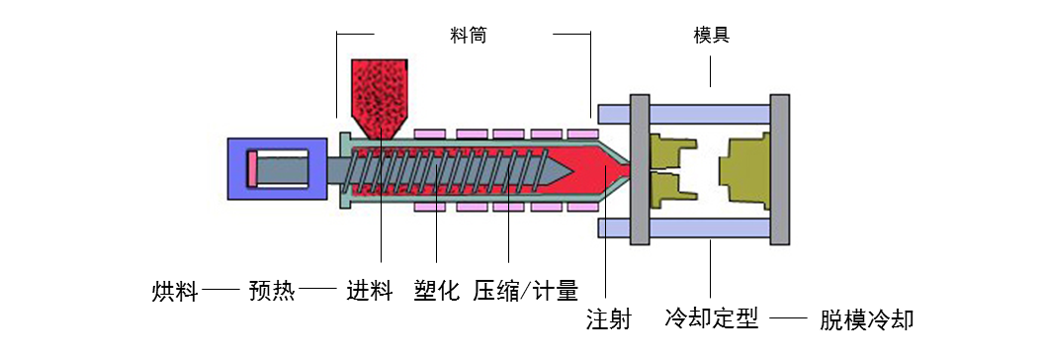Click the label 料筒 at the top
click(x=468, y=35)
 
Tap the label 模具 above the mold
click(x=712, y=37)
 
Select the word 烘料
click(x=175, y=292)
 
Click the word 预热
click(x=272, y=292)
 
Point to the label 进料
click(x=371, y=292)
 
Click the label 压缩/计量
click(x=525, y=292)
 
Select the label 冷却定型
click(x=712, y=319)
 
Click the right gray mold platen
click(x=780, y=168)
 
